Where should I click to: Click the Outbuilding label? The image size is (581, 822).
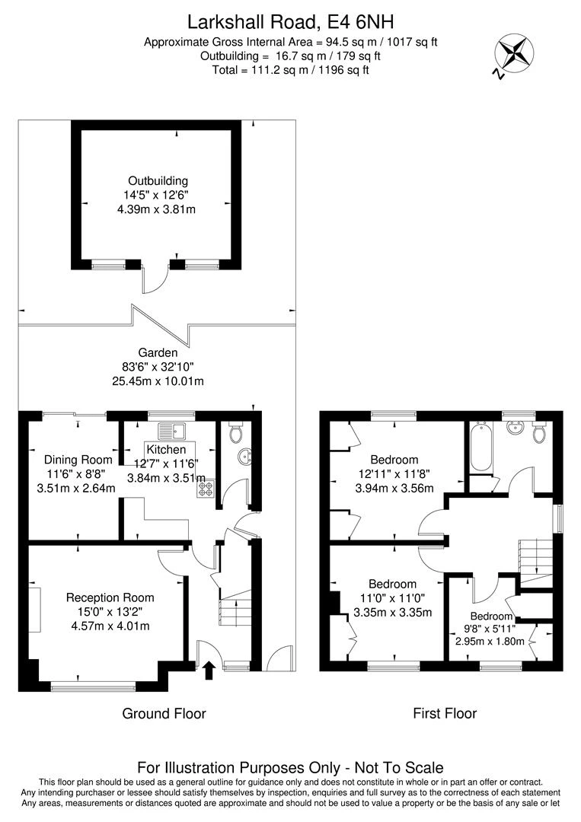pos(158,180)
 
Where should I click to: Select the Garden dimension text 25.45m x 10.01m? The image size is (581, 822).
pos(158,381)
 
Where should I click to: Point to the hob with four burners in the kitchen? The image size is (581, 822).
pos(206,489)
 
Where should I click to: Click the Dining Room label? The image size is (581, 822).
pos(78,460)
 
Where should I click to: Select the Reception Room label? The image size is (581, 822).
pos(110,597)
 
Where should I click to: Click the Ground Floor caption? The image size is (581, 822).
pos(164,714)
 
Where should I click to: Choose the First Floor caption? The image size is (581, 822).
pos(445,714)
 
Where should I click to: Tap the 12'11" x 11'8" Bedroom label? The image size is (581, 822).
pos(394,460)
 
